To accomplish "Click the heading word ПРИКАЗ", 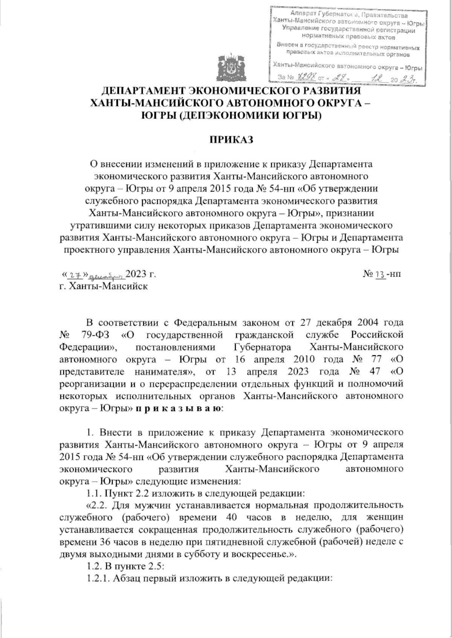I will pos(230,140).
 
